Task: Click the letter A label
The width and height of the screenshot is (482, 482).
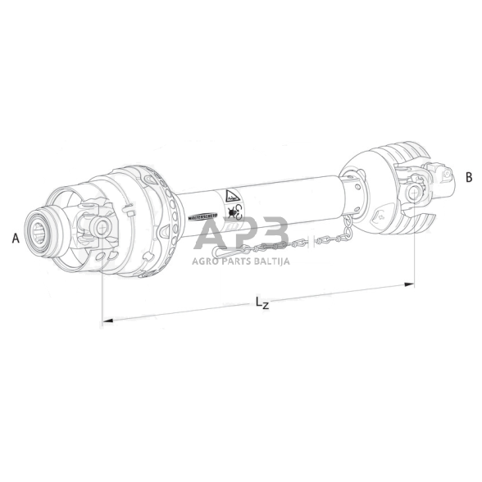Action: pyautogui.click(x=16, y=239)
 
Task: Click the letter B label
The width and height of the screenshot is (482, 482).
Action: pyautogui.click(x=469, y=176)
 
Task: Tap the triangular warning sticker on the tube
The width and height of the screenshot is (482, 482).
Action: pyautogui.click(x=230, y=197)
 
